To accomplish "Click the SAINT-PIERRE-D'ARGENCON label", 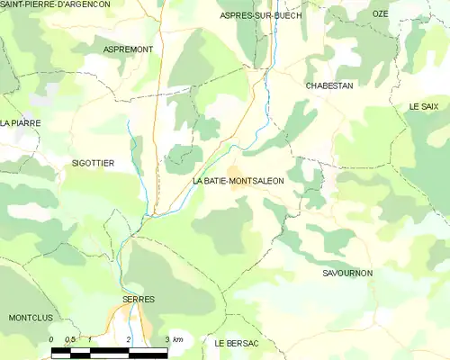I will point(60,5).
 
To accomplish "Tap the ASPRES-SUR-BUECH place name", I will point(261,16).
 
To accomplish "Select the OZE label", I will point(380,13).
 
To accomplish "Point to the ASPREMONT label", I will point(129,49).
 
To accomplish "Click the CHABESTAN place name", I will point(328,85).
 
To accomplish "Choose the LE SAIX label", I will point(423,106).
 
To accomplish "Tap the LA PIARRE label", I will point(21,122).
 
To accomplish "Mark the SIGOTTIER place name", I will point(93,163).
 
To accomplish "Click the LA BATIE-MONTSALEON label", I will point(238,181).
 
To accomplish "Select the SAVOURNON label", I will point(346,272).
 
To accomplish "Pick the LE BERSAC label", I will point(237,344).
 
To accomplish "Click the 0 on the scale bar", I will point(51,339).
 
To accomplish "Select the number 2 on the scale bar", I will point(130,339).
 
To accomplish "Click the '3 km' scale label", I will point(175,339).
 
